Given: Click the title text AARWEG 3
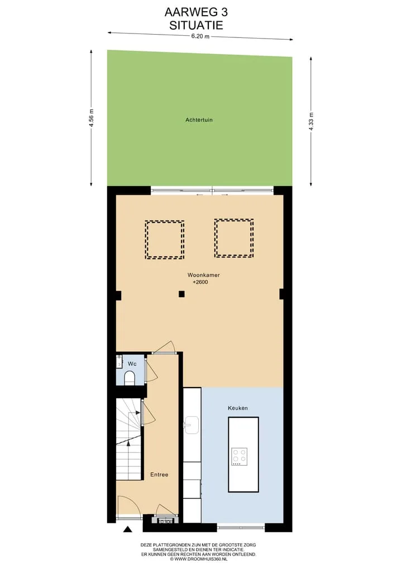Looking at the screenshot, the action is click(196, 12).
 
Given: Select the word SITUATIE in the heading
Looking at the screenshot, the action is click(196, 25).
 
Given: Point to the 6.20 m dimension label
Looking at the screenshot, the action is click(200, 36).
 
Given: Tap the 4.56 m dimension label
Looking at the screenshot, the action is click(92, 118).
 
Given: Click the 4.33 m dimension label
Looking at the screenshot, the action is click(311, 123).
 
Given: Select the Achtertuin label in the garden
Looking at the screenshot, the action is click(199, 120).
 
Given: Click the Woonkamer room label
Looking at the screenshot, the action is click(204, 275).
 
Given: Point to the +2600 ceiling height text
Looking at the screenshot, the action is click(200, 282).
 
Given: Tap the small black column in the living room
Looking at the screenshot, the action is click(182, 294).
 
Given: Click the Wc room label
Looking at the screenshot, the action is click(132, 364).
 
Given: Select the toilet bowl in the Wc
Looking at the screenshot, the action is click(130, 378).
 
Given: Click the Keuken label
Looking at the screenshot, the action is click(238, 408).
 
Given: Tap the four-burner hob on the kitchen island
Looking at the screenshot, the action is click(240, 457).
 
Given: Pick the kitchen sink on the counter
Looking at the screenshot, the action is click(192, 425).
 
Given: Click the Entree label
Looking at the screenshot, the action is click(159, 475).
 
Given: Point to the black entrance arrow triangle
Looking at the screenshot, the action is click(127, 529).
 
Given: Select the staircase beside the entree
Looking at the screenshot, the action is click(128, 439).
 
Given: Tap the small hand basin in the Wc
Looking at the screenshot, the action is click(119, 361).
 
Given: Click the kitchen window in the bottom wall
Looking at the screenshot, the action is click(241, 528).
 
